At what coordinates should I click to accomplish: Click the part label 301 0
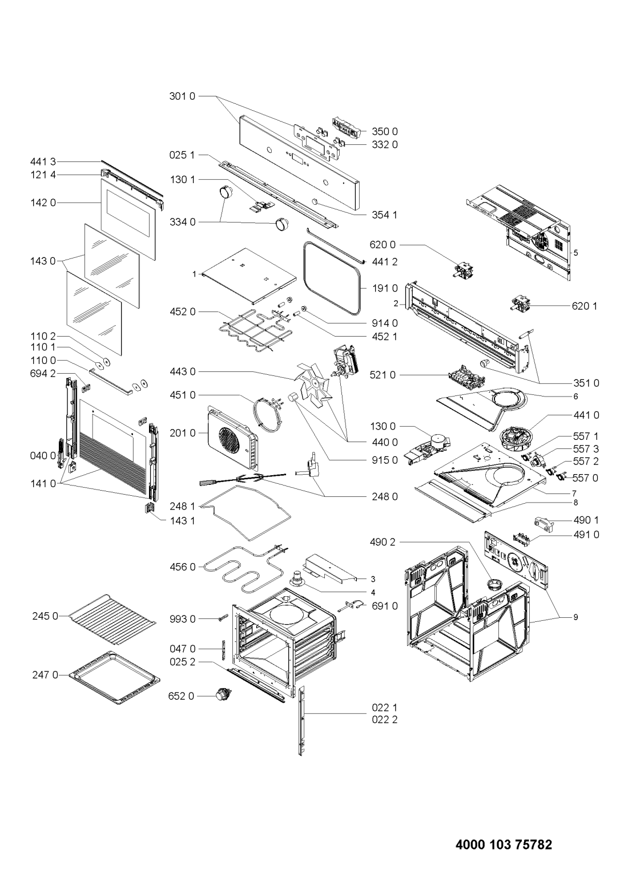click(182, 96)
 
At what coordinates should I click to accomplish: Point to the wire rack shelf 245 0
click(112, 620)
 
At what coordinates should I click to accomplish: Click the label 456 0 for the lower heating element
click(183, 567)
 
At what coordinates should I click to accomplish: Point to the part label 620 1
click(585, 306)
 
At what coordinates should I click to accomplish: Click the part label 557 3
click(585, 448)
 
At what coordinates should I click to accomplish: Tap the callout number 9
click(575, 617)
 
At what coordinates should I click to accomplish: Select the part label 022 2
click(385, 719)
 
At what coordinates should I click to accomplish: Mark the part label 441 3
click(43, 161)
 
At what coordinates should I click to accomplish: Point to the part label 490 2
click(382, 542)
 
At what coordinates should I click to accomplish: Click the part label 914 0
click(385, 323)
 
